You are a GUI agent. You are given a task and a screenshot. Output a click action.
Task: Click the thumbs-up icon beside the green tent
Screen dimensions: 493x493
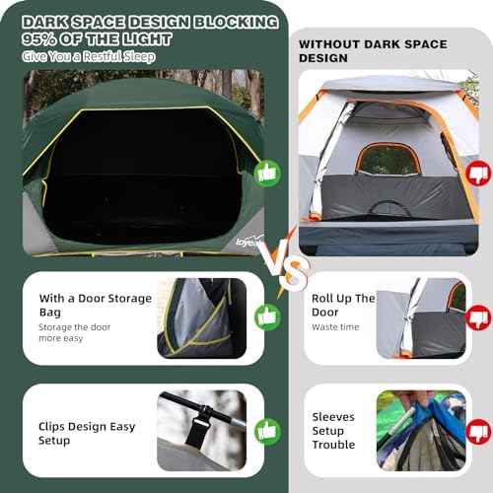pyautogui.click(x=267, y=174)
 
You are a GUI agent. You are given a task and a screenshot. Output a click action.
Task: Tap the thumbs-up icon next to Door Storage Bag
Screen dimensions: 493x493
pyautogui.click(x=267, y=317)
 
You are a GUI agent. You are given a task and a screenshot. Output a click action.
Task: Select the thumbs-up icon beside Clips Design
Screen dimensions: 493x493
pyautogui.click(x=267, y=432)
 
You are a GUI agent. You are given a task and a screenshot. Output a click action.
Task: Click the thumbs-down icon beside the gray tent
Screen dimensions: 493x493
pyautogui.click(x=479, y=174)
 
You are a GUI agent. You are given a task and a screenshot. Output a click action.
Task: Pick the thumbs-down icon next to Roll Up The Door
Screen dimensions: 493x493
pyautogui.click(x=479, y=317)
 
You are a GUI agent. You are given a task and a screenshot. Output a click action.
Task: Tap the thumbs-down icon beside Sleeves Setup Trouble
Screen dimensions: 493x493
pyautogui.click(x=479, y=432)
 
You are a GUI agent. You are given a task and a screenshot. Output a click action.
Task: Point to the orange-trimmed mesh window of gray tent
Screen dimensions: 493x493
pyautogui.click(x=388, y=159)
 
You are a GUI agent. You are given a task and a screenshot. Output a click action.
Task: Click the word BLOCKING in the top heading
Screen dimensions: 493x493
pyautogui.click(x=236, y=22)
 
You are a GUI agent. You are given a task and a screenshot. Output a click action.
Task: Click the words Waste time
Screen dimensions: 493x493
pyautogui.click(x=335, y=327)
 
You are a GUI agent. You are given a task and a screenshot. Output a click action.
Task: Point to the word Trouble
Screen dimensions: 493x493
pyautogui.click(x=333, y=445)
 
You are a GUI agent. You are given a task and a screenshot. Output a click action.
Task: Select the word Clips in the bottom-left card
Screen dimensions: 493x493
pyautogui.click(x=52, y=427)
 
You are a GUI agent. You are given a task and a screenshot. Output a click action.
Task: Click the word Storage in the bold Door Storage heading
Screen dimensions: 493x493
pyautogui.click(x=130, y=299)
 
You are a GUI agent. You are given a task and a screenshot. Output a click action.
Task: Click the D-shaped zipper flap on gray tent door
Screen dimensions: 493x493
pyautogui.click(x=389, y=208)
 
